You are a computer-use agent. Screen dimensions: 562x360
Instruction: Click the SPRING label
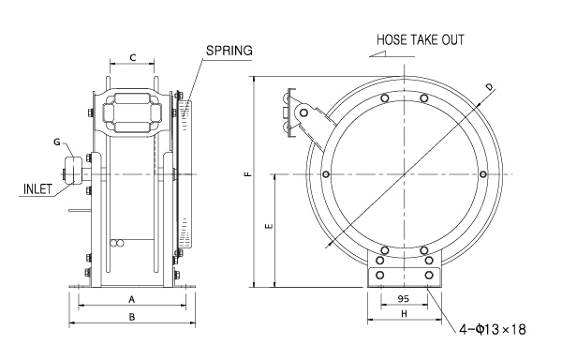coord(229,51)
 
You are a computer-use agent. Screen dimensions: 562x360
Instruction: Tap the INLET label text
coord(37,189)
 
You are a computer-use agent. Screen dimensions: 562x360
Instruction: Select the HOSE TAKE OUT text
coord(421,39)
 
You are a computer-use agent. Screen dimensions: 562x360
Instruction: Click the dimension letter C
coord(133,57)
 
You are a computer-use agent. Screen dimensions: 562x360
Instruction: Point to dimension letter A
coord(132,299)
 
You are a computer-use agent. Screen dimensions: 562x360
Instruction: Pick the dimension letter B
coord(132,317)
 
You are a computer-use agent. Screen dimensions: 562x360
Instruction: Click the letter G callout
coord(57,142)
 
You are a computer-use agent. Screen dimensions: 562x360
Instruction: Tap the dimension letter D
coord(489,87)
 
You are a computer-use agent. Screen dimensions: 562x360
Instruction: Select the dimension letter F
coord(248,174)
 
